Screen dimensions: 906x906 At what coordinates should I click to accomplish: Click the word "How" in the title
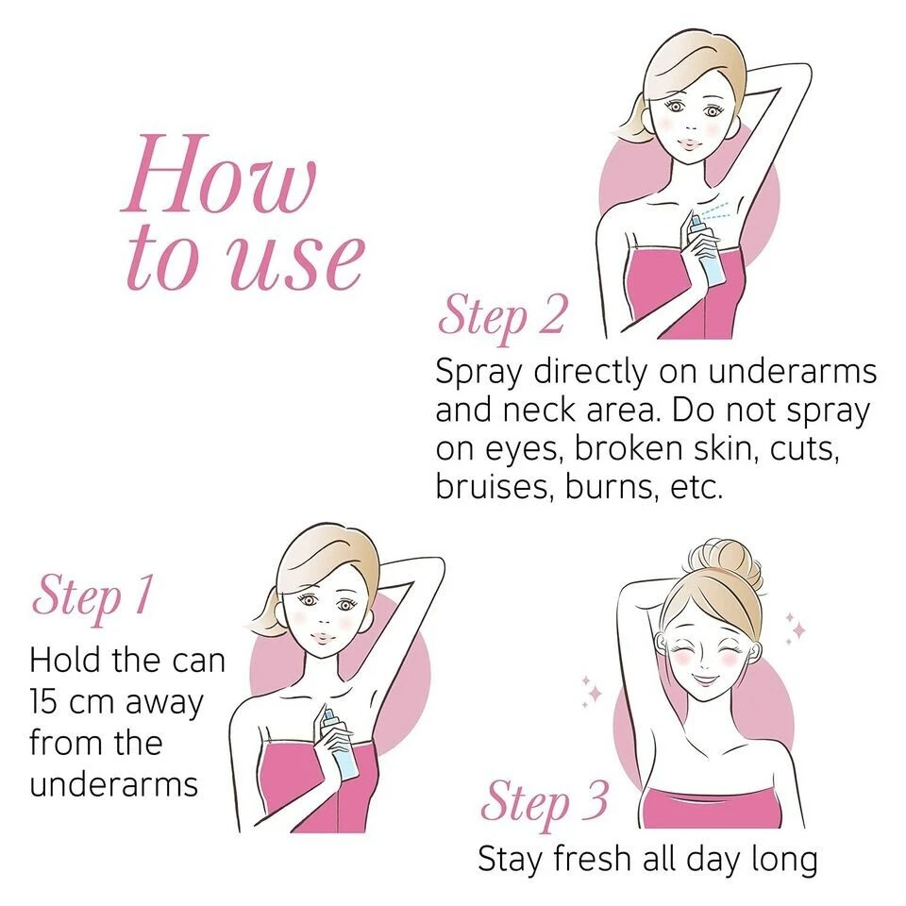(219, 176)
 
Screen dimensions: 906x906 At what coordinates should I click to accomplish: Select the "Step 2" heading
(501, 315)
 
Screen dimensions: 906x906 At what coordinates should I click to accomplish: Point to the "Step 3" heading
(545, 802)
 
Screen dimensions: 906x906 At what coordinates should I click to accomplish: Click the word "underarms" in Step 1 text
(113, 784)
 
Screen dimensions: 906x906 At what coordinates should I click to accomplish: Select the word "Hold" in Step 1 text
(67, 660)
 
